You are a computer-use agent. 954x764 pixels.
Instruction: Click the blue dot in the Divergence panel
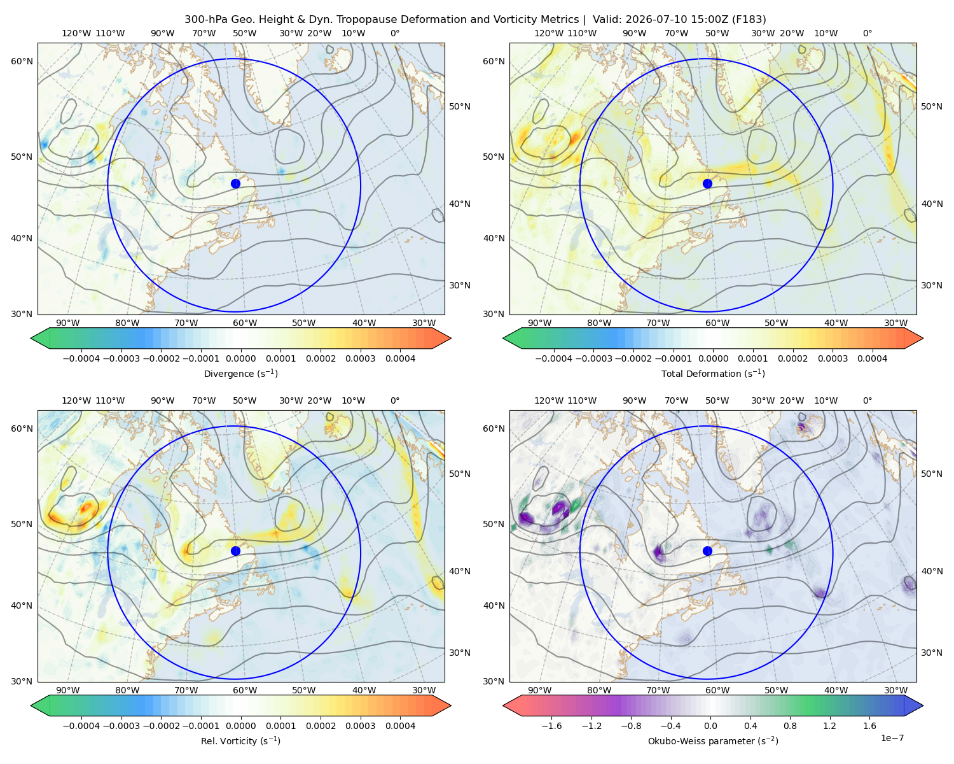click(235, 183)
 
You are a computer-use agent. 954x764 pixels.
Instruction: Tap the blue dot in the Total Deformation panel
click(707, 183)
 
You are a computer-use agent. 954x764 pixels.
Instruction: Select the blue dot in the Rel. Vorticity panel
click(235, 551)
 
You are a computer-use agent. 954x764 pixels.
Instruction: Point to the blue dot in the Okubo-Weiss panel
click(707, 551)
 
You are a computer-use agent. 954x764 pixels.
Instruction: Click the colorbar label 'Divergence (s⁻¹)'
click(240, 373)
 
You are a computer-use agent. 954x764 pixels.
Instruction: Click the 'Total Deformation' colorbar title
click(701, 374)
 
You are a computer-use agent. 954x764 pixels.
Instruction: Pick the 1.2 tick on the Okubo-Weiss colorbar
click(829, 726)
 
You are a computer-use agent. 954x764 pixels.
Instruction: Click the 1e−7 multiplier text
click(892, 738)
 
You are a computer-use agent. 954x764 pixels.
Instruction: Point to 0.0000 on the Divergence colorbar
click(240, 358)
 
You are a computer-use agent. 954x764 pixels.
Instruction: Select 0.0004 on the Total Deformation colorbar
click(872, 358)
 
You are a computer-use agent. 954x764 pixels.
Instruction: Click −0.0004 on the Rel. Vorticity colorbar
click(81, 726)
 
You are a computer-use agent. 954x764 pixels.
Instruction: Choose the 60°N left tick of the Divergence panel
click(22, 61)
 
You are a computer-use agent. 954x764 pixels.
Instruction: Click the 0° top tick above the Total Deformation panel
click(867, 33)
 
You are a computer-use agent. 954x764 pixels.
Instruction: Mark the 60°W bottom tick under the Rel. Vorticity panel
click(245, 690)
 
